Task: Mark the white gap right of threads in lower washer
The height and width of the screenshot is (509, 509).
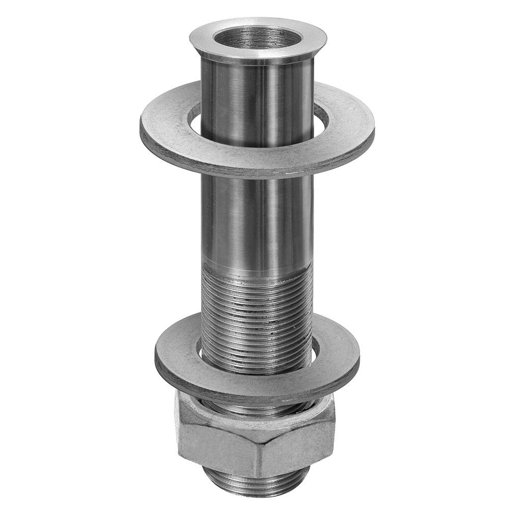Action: pos(316,349)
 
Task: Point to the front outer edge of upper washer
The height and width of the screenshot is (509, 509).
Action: pos(254,173)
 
